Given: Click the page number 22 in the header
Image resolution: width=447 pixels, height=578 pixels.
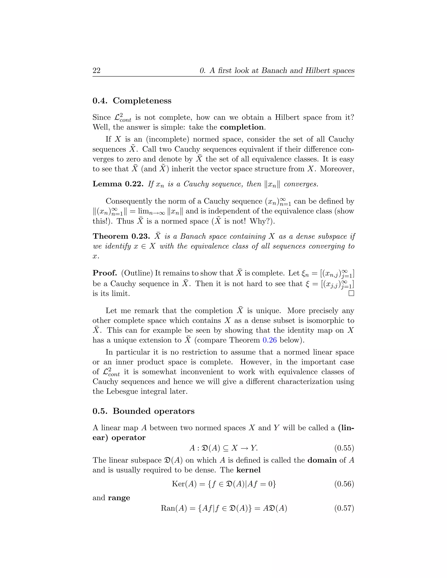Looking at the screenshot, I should click(96, 71).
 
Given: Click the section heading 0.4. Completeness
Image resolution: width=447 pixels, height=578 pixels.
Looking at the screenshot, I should click(132, 101).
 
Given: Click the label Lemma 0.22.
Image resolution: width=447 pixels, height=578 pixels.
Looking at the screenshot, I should click(118, 184).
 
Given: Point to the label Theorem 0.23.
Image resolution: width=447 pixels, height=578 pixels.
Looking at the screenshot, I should click(121, 236).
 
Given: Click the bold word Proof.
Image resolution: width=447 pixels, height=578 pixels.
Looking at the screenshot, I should click(105, 273).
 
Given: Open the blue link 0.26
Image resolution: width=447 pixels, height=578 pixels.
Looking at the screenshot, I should click(270, 340).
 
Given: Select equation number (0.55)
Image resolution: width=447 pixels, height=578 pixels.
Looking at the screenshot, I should click(344, 448).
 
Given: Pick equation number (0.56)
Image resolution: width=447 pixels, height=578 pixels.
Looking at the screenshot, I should click(344, 484).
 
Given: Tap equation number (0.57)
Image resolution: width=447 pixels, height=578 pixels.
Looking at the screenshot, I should click(344, 508).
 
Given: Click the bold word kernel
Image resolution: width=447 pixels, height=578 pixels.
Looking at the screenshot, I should click(248, 470).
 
